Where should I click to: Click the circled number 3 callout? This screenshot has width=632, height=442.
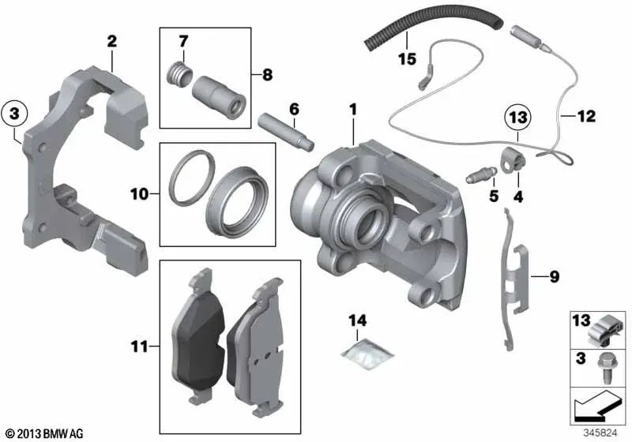click(14, 115)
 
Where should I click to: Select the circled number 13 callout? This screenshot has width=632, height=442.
click(517, 118)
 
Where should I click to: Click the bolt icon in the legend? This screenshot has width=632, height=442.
click(610, 363)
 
